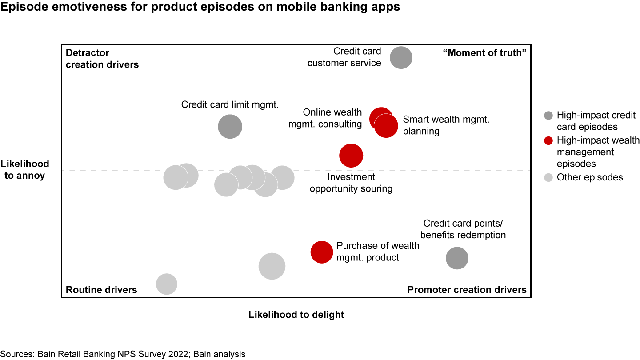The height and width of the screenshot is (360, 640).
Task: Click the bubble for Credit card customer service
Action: click(x=401, y=57)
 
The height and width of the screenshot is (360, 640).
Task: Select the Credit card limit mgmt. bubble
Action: click(x=230, y=127)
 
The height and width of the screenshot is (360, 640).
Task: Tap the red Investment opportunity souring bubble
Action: click(x=351, y=156)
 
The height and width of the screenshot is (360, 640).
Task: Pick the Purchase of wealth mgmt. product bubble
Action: click(x=321, y=252)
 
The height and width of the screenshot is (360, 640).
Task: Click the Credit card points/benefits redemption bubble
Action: click(x=457, y=258)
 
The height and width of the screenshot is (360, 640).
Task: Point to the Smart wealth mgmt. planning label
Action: click(x=446, y=125)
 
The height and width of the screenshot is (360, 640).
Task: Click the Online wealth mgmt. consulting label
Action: click(x=325, y=118)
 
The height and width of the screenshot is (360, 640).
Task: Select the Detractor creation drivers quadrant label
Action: click(x=102, y=59)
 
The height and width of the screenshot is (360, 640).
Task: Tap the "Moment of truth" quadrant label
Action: click(x=484, y=53)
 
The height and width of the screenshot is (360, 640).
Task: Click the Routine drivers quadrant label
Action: click(x=101, y=290)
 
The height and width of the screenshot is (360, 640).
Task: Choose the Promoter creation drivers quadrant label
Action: click(x=467, y=290)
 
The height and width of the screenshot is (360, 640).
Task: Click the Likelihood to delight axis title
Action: click(x=296, y=315)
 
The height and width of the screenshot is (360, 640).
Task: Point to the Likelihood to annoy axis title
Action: click(x=25, y=169)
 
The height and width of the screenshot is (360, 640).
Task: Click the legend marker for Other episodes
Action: click(x=549, y=178)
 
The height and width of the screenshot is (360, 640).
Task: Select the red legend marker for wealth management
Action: click(x=549, y=141)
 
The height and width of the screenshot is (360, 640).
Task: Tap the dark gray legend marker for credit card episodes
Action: click(x=549, y=116)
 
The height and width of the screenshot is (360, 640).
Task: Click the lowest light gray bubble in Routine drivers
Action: click(x=167, y=284)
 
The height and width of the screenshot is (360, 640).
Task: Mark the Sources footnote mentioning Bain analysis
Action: click(x=123, y=354)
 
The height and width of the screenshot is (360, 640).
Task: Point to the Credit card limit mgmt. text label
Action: click(x=230, y=105)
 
